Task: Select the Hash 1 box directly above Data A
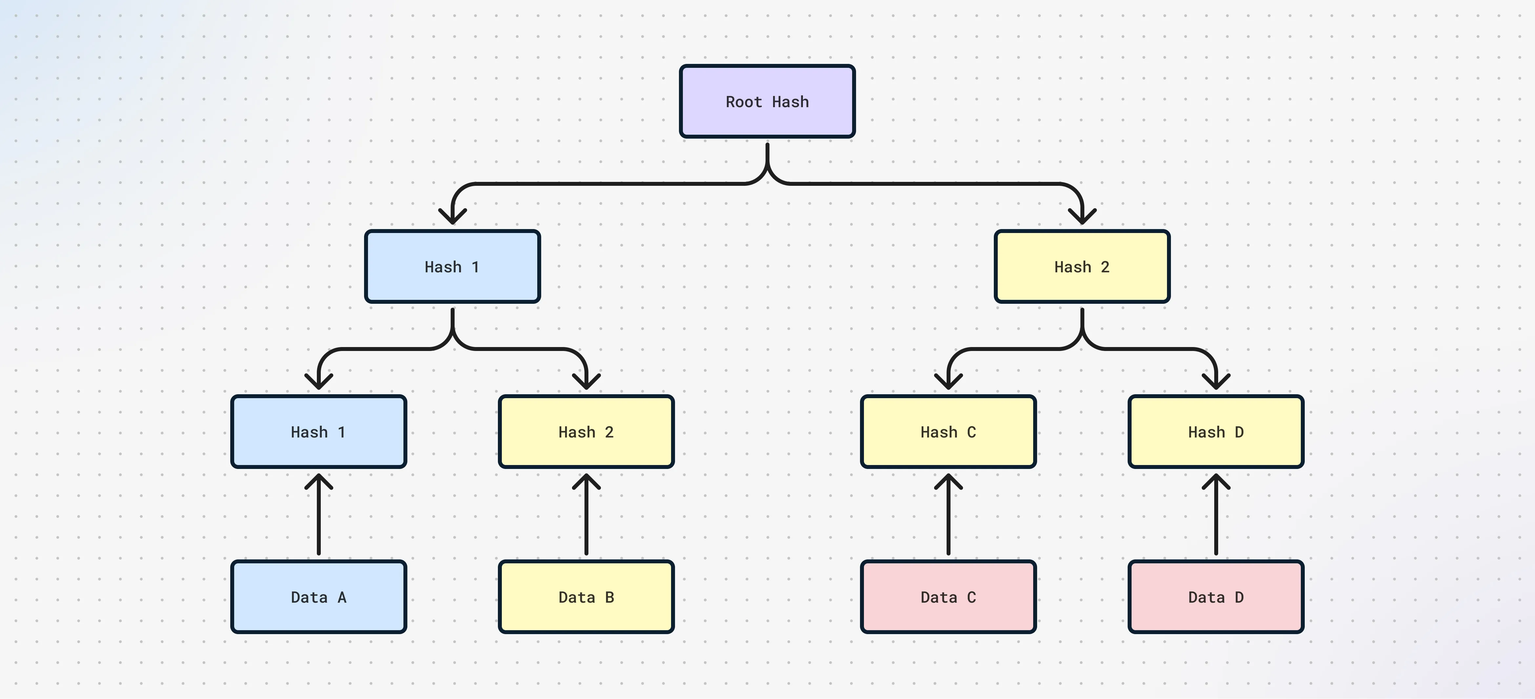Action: (318, 432)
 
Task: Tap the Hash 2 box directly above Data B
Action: (586, 432)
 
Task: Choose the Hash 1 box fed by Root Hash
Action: (452, 267)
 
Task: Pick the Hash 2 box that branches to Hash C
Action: (1081, 267)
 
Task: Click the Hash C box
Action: (948, 432)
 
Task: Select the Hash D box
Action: (1216, 432)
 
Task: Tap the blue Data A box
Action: (318, 596)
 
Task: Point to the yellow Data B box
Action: (586, 596)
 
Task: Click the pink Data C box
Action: (948, 596)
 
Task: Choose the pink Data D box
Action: (1216, 596)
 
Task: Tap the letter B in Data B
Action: (609, 597)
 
